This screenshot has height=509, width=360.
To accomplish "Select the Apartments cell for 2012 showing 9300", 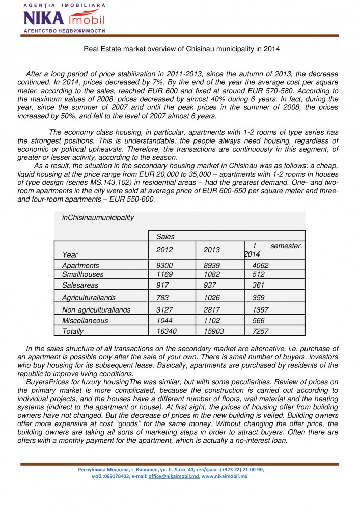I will click(164, 265).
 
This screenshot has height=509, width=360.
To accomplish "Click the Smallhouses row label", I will click(80, 274).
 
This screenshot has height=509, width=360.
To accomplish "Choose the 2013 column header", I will click(211, 250).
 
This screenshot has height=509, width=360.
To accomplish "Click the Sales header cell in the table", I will click(165, 236).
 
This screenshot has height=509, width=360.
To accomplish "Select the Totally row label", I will click(72, 331).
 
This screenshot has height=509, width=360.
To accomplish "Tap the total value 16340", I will click(167, 331).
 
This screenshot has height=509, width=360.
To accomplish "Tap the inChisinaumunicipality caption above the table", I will click(98, 217).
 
